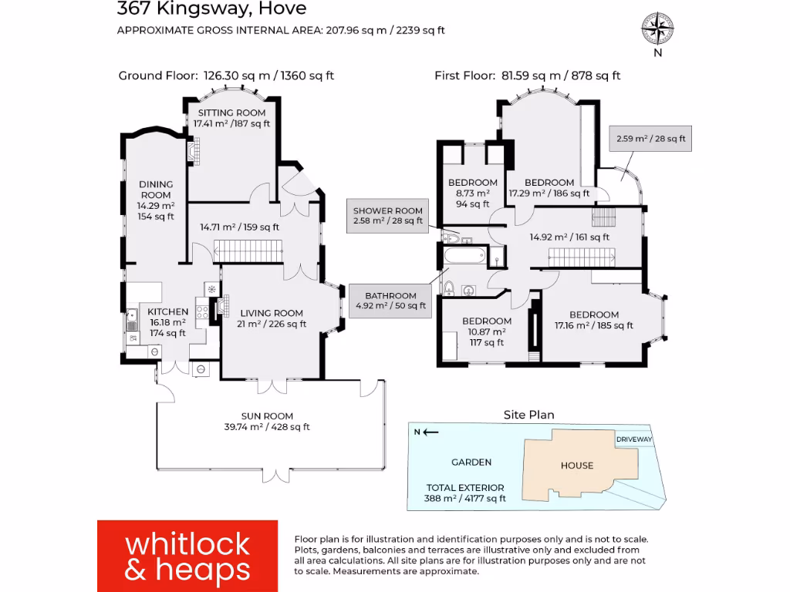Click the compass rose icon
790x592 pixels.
point(657,29)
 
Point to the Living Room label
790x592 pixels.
point(271,318)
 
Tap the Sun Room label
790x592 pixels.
point(267,421)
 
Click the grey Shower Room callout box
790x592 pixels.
point(388,216)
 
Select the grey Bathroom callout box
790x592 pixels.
point(391,301)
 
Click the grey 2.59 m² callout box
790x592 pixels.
point(650,140)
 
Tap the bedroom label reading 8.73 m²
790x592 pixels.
point(473,193)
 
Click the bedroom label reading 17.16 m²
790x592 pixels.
point(594,320)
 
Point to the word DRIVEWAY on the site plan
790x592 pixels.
point(634,439)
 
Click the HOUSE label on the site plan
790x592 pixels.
point(577,465)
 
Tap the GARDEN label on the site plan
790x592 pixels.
point(471,462)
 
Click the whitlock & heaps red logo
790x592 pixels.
point(187,556)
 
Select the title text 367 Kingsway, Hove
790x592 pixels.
point(211,9)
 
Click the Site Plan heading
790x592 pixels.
point(528,415)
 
